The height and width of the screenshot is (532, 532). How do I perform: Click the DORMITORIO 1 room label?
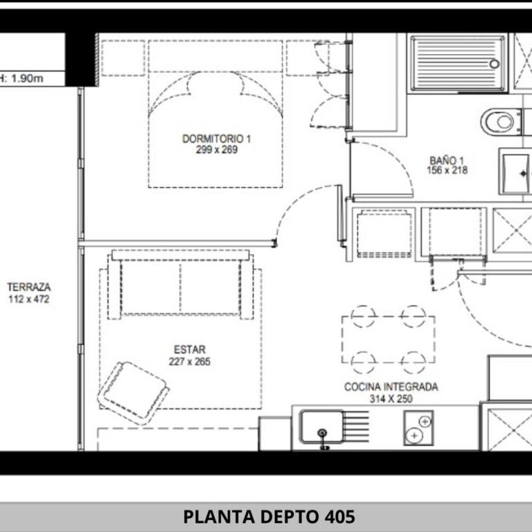click(x=216, y=139)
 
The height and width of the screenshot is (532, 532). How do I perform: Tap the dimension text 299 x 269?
click(x=216, y=150)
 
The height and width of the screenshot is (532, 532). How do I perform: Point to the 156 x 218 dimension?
click(x=447, y=170)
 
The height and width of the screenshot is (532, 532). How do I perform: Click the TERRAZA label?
click(x=28, y=287)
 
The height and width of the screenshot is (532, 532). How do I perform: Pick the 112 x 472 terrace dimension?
click(x=28, y=299)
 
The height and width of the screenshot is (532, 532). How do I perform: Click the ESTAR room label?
click(x=189, y=350)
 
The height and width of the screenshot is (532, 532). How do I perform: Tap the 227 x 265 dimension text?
click(x=189, y=362)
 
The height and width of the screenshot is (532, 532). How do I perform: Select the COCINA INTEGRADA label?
click(x=391, y=387)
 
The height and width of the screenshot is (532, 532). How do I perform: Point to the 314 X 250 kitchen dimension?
click(x=391, y=399)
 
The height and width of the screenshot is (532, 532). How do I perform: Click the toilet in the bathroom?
click(x=500, y=122)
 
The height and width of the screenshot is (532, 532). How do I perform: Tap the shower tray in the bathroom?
click(x=458, y=63)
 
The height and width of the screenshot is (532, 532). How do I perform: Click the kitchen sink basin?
click(x=321, y=426)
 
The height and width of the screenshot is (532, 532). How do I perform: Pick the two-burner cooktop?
click(x=418, y=427)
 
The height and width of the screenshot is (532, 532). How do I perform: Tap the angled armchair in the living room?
click(x=133, y=391)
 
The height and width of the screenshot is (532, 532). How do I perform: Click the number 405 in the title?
click(x=339, y=517)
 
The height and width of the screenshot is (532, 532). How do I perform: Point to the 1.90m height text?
click(x=28, y=78)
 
